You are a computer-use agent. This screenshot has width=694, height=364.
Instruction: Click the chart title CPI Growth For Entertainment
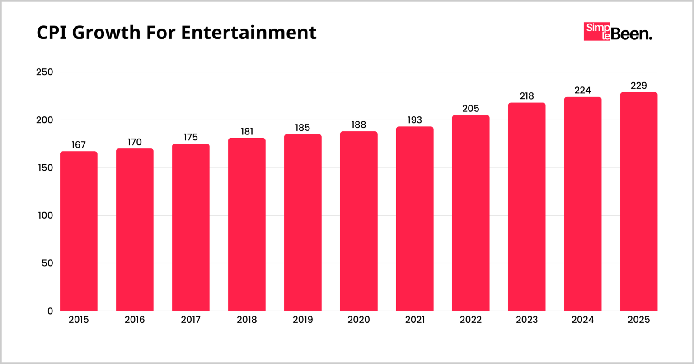tap(177, 33)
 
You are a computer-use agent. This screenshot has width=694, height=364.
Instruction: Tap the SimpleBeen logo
tap(617, 32)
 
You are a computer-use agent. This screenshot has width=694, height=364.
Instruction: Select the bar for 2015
tap(79, 231)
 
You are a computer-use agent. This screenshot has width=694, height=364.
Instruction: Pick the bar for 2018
tap(247, 224)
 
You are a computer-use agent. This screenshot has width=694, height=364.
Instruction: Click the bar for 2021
tap(415, 219)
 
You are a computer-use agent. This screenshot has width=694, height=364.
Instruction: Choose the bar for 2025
tap(638, 201)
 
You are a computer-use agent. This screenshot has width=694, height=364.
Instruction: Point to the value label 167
tap(79, 145)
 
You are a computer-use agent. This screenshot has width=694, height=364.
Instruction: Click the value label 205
tap(471, 109)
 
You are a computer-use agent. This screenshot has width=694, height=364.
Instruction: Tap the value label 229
tap(638, 86)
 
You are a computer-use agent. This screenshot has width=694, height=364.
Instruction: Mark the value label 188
tap(359, 125)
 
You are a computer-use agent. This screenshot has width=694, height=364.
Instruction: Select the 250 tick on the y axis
tap(44, 72)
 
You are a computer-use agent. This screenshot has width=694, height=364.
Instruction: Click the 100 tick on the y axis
tap(44, 216)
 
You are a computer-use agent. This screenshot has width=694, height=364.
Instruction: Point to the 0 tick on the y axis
tap(50, 311)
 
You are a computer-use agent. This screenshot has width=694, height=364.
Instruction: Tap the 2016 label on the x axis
tap(135, 320)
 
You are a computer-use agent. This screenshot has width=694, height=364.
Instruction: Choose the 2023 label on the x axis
tap(527, 320)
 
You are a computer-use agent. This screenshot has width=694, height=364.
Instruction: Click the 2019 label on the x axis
tap(303, 320)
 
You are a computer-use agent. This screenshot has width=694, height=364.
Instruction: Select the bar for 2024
tap(583, 204)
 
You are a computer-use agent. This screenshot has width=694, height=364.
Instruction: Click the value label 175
tap(191, 137)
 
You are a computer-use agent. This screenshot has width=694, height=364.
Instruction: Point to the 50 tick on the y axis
tap(47, 263)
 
